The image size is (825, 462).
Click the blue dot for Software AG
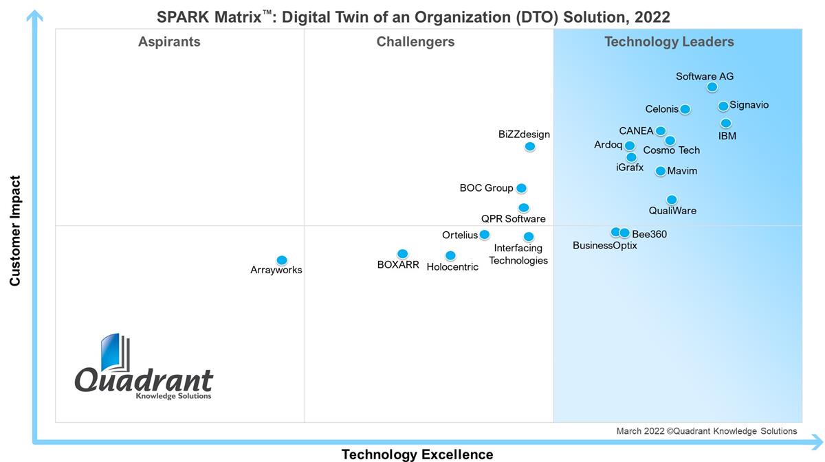[712, 87]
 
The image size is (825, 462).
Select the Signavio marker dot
[723, 106]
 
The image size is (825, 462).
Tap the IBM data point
[725, 124]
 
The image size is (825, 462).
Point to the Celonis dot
[685, 109]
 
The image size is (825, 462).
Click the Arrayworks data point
[281, 260]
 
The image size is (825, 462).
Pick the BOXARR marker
[402, 254]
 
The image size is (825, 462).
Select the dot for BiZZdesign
[529, 146]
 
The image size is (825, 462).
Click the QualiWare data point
[672, 200]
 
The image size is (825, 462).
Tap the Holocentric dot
[450, 255]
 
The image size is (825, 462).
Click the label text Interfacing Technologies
[518, 254]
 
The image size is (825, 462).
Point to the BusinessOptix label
[604, 246]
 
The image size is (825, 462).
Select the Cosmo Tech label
[671, 150]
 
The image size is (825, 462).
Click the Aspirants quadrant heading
[169, 42]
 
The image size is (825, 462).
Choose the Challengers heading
[415, 42]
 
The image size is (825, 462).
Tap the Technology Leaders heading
[669, 42]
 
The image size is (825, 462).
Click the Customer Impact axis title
[15, 231]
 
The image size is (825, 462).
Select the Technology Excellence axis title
[417, 454]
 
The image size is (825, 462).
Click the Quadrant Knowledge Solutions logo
[144, 367]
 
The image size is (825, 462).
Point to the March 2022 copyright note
[706, 431]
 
